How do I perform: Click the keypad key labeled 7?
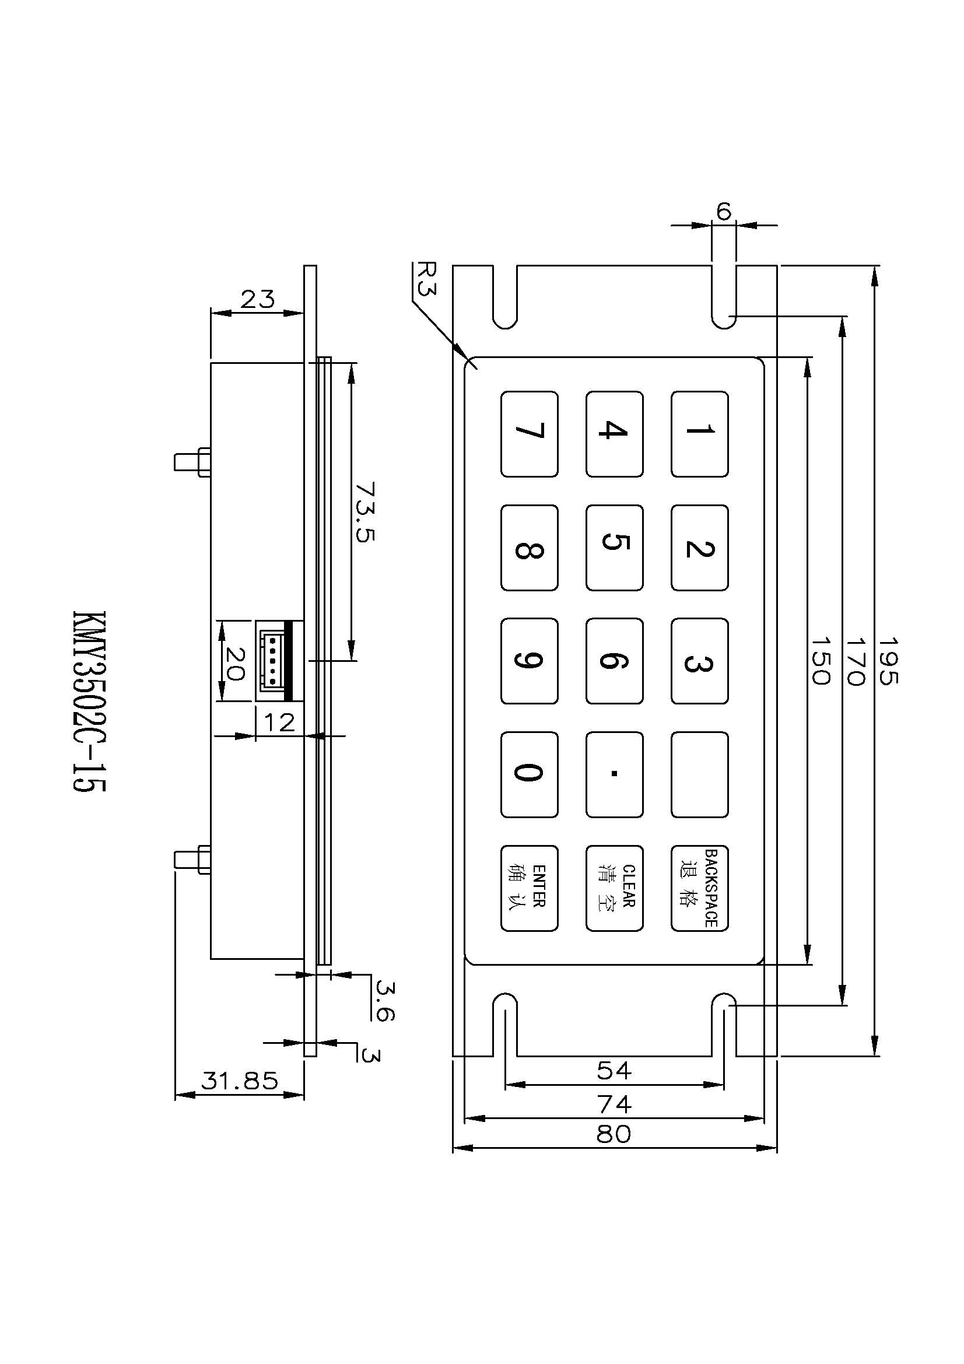[x=528, y=434]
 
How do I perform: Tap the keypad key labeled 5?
[x=614, y=547]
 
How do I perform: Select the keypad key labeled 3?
[x=699, y=661]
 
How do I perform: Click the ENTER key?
[x=528, y=888]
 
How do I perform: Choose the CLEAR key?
[x=614, y=888]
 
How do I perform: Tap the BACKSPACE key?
[x=699, y=888]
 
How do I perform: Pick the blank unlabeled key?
[x=699, y=774]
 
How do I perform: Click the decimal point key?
[x=614, y=774]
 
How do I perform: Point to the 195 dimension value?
[x=888, y=661]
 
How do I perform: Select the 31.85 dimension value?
[x=239, y=1080]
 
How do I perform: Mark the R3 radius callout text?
[x=426, y=279]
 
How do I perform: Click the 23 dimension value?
[x=257, y=299]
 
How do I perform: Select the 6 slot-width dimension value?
[x=724, y=212]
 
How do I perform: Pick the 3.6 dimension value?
[x=385, y=1001]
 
